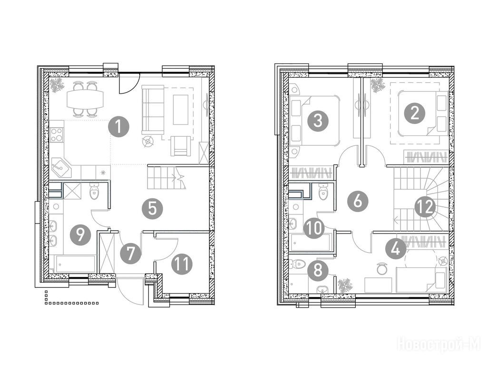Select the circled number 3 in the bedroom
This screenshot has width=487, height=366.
click(318, 121)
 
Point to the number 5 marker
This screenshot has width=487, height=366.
click(153, 209)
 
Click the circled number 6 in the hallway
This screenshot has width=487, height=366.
click(358, 201)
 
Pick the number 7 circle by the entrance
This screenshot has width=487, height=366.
click(131, 254)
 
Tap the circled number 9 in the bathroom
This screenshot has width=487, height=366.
click(80, 235)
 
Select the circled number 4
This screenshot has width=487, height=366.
click(396, 249)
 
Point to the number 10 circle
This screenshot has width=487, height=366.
click(314, 228)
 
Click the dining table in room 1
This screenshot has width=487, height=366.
click(85, 99)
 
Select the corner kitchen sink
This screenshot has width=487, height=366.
click(61, 167)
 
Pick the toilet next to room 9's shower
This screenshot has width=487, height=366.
click(94, 191)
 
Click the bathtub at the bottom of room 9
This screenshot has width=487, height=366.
click(75, 264)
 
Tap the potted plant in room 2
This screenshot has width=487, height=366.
click(378, 85)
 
